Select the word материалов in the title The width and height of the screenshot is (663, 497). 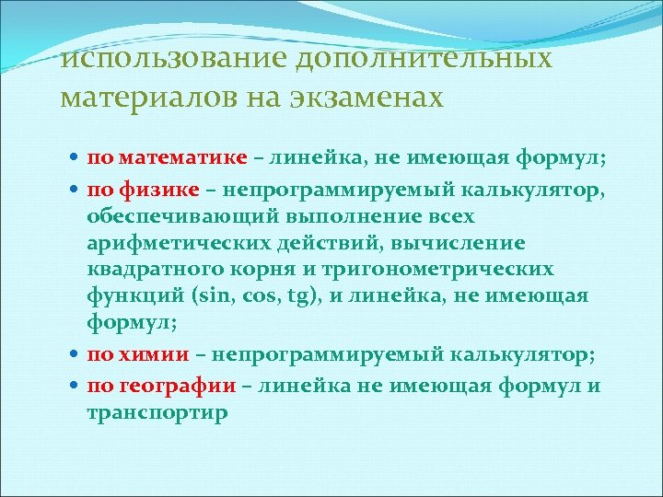(x=136, y=97)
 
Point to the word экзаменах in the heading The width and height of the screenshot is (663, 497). (x=364, y=97)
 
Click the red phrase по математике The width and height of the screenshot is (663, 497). (x=168, y=156)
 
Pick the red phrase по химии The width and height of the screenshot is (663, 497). (x=139, y=353)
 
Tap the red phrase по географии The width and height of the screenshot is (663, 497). (x=162, y=386)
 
